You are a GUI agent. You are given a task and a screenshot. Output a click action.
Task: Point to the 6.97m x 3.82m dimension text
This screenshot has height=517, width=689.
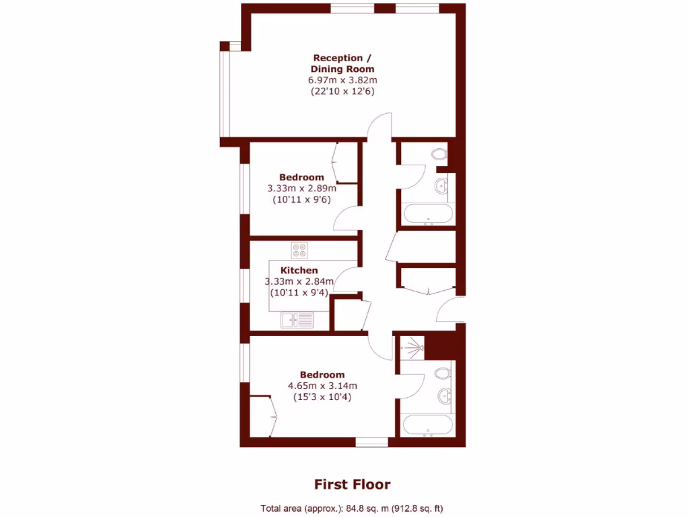(342, 79)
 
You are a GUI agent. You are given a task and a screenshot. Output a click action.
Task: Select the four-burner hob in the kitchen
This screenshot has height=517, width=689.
(299, 250)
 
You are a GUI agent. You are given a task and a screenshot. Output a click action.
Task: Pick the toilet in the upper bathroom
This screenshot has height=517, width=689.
(440, 154)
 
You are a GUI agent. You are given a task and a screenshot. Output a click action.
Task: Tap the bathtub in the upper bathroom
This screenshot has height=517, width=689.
(427, 215)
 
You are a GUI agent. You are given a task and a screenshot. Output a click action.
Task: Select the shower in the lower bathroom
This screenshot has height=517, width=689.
(411, 347)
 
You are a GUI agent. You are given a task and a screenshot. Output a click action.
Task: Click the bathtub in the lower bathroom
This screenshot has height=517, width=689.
(427, 425)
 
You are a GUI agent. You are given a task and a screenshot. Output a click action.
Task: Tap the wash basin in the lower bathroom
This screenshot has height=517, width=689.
(444, 395)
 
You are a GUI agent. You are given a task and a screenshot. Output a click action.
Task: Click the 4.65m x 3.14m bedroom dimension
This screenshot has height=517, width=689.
(322, 386)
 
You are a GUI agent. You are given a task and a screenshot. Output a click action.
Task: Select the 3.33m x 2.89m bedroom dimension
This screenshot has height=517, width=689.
(301, 188)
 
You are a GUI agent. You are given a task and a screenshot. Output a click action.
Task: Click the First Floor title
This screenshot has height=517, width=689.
(352, 484)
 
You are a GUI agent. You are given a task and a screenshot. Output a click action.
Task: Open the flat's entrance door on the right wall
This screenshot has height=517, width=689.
(449, 310)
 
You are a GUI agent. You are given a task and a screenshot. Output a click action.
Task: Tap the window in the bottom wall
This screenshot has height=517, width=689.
(371, 442)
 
